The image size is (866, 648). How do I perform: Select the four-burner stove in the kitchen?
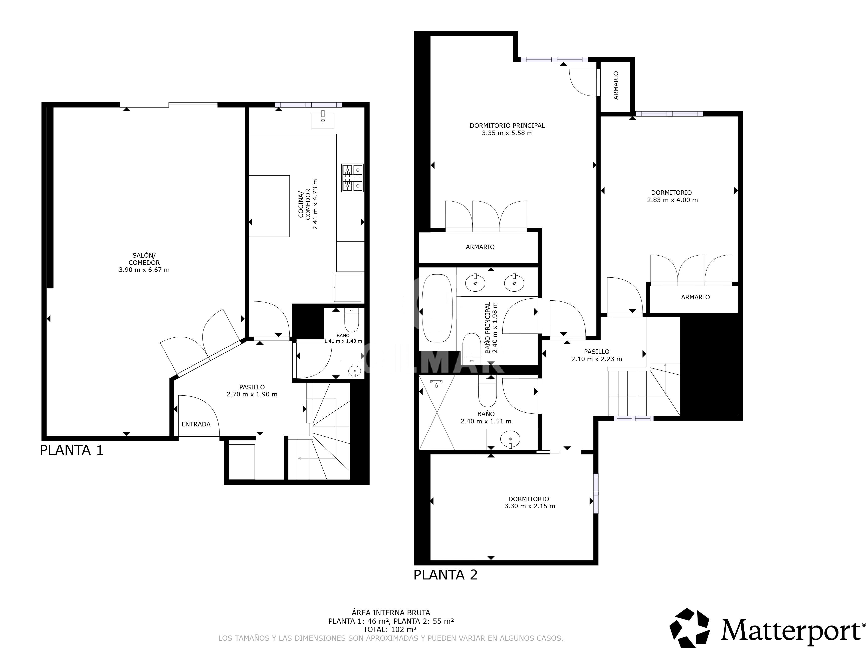pyautogui.click(x=352, y=178)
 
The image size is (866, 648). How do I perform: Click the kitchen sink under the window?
pyautogui.click(x=323, y=120)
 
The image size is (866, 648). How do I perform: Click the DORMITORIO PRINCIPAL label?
pyautogui.click(x=507, y=126)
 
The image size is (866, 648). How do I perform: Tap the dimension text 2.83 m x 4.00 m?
pyautogui.click(x=672, y=200)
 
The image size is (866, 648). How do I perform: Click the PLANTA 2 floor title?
pyautogui.click(x=446, y=575)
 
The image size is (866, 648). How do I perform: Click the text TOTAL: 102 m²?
pyautogui.click(x=390, y=629)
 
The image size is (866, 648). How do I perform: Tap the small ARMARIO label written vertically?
pyautogui.click(x=616, y=85)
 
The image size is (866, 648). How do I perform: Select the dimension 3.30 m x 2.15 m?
pyautogui.click(x=529, y=506)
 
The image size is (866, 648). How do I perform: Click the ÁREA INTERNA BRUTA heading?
pyautogui.click(x=391, y=613)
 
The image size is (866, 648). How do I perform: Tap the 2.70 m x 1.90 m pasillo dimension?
pyautogui.click(x=252, y=394)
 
